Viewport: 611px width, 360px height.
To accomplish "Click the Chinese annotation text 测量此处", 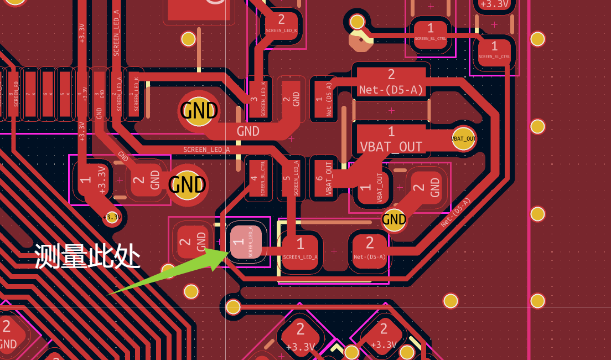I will pos(87,256).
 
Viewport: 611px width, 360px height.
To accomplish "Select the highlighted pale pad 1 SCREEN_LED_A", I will pos(246,243).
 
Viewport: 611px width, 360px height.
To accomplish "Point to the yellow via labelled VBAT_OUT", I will pos(464,138).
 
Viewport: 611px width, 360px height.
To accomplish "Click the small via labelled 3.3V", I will pos(112,217).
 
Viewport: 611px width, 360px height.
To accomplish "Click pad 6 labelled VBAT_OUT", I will pos(324,178).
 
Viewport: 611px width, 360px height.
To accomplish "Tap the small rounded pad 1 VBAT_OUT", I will pos(371,187).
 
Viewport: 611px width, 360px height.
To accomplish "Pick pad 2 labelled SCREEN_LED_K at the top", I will pos(282,25).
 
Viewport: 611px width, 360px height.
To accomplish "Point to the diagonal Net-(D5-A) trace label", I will pos(456,212).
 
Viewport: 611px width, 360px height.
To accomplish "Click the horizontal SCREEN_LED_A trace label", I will pos(206,150).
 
